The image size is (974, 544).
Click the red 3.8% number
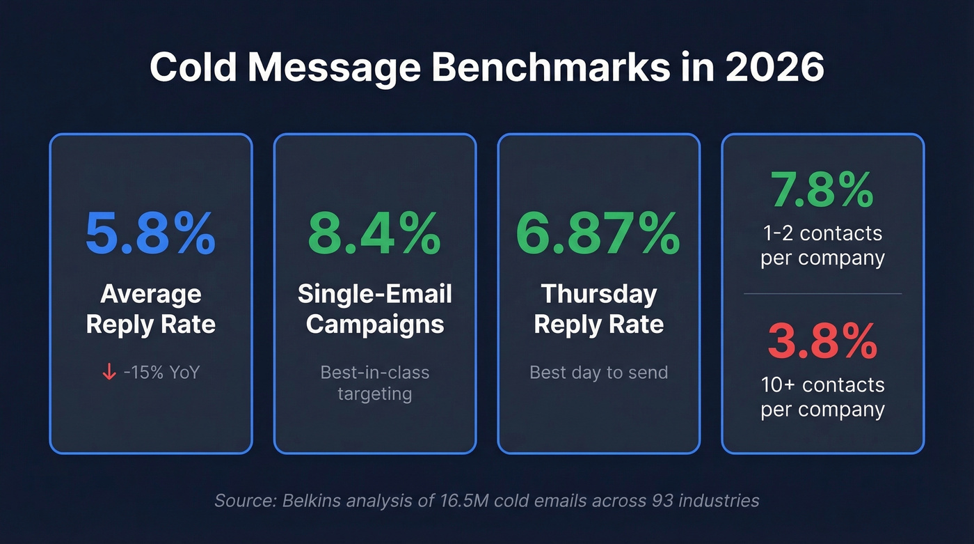(x=822, y=340)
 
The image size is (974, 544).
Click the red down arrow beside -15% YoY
(x=109, y=373)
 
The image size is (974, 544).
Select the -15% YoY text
(x=161, y=373)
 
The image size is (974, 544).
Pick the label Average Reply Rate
(x=150, y=309)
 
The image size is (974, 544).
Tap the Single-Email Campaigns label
(x=374, y=309)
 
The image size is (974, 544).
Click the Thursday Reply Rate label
(x=598, y=309)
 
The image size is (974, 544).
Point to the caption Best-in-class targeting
(x=374, y=383)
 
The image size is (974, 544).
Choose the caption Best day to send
(x=598, y=373)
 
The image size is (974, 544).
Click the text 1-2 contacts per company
(x=822, y=245)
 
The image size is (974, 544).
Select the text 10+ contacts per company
(x=822, y=397)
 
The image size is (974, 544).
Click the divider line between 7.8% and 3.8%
(x=822, y=293)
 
